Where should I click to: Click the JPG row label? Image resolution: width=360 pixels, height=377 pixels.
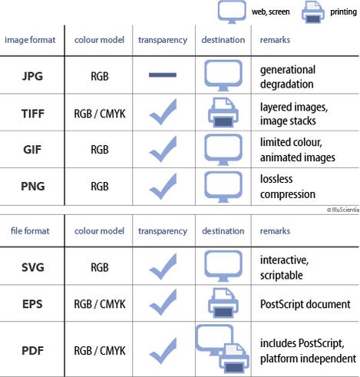point(32,76)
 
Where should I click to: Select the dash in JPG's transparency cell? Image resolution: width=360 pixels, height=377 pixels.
point(163,74)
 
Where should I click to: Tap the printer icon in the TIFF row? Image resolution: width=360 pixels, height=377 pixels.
point(223,112)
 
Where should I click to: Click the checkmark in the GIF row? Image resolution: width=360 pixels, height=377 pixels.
point(163,149)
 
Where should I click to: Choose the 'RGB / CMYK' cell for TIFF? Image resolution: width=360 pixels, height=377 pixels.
point(100,114)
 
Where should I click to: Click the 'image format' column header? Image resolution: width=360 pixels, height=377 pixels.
point(30,40)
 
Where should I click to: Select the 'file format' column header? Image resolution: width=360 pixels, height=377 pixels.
point(30,231)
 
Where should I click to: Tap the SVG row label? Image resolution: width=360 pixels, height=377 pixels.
point(33,267)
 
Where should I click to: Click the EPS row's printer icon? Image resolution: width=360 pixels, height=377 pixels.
point(223,303)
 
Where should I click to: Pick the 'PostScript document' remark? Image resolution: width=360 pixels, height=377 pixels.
point(306,304)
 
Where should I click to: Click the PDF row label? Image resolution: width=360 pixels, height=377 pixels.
point(32,350)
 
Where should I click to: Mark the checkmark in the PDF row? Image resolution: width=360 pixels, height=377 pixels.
point(163,351)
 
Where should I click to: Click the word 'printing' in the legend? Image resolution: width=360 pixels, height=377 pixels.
point(343,12)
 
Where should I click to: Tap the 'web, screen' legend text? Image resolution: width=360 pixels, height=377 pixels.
point(271,12)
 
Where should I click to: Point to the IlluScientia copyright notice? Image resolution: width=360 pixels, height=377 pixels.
point(343,210)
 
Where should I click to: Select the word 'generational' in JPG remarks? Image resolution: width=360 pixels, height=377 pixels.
point(288,70)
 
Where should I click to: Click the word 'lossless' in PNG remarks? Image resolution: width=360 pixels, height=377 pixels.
point(276,179)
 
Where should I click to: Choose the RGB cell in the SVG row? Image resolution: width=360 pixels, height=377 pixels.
point(100,267)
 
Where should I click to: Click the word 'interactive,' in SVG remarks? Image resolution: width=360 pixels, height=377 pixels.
point(285,260)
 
